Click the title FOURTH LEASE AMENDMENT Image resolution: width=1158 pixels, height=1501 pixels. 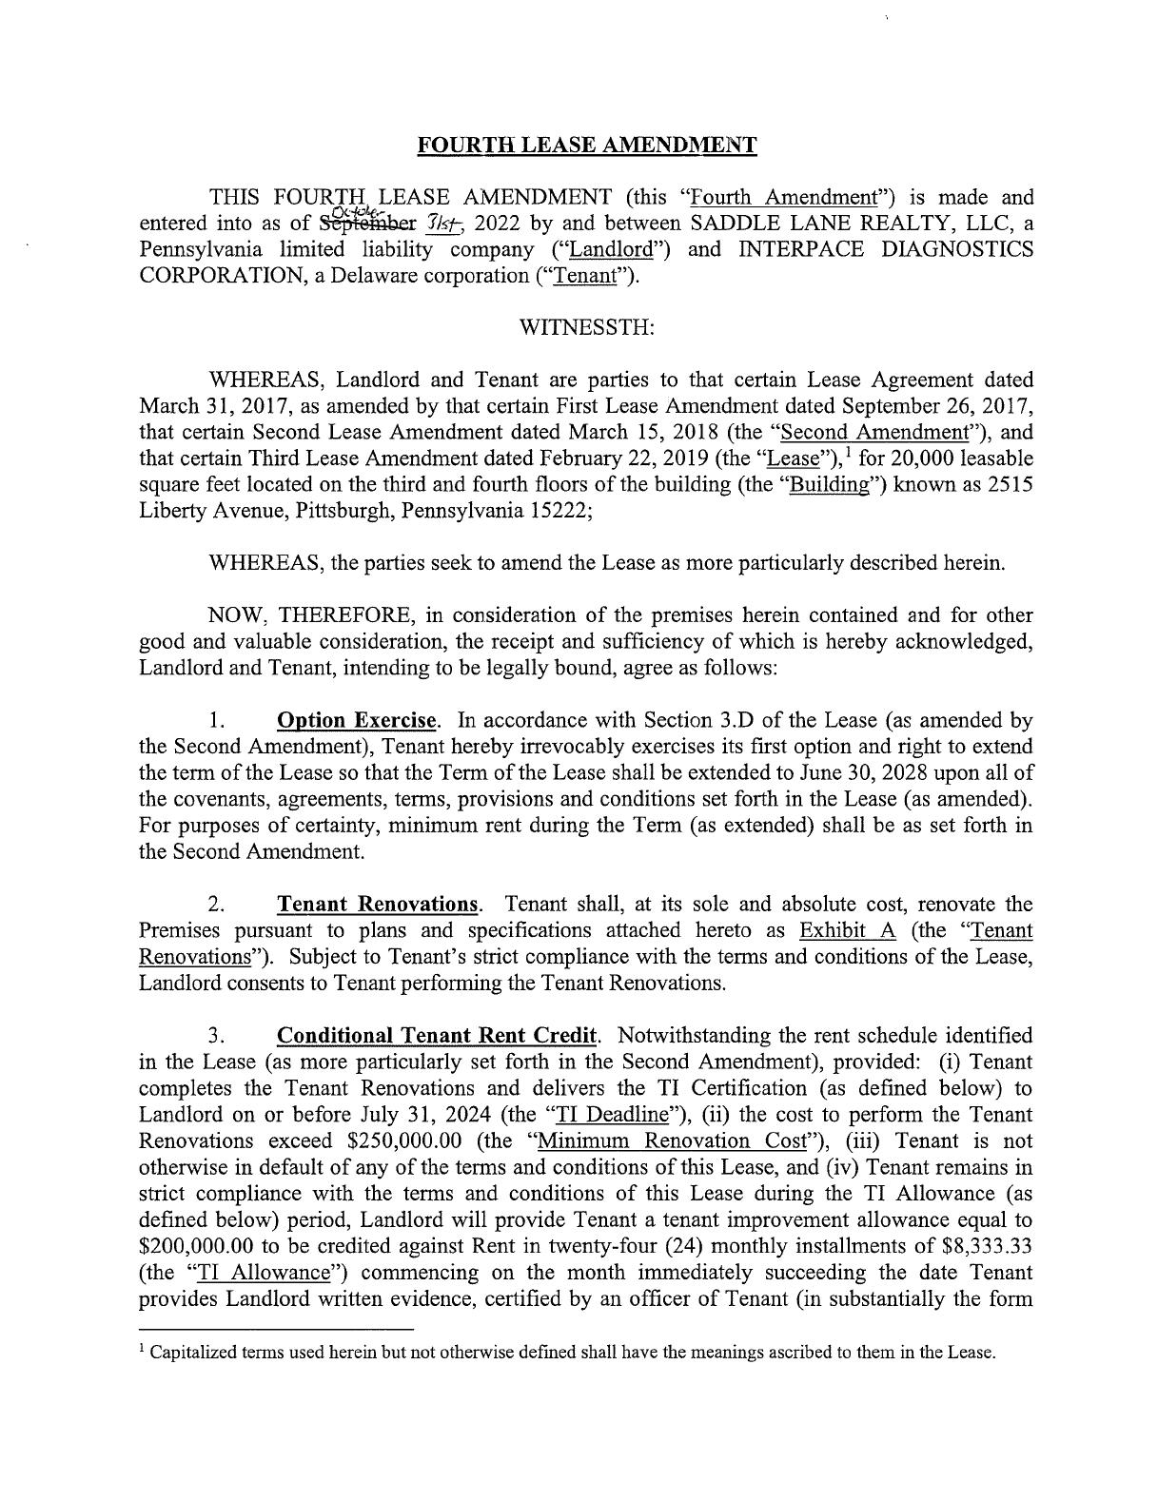click(x=587, y=146)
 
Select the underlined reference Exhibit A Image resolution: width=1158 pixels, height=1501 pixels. click(x=847, y=930)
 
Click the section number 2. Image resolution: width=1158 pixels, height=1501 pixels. click(x=216, y=904)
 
